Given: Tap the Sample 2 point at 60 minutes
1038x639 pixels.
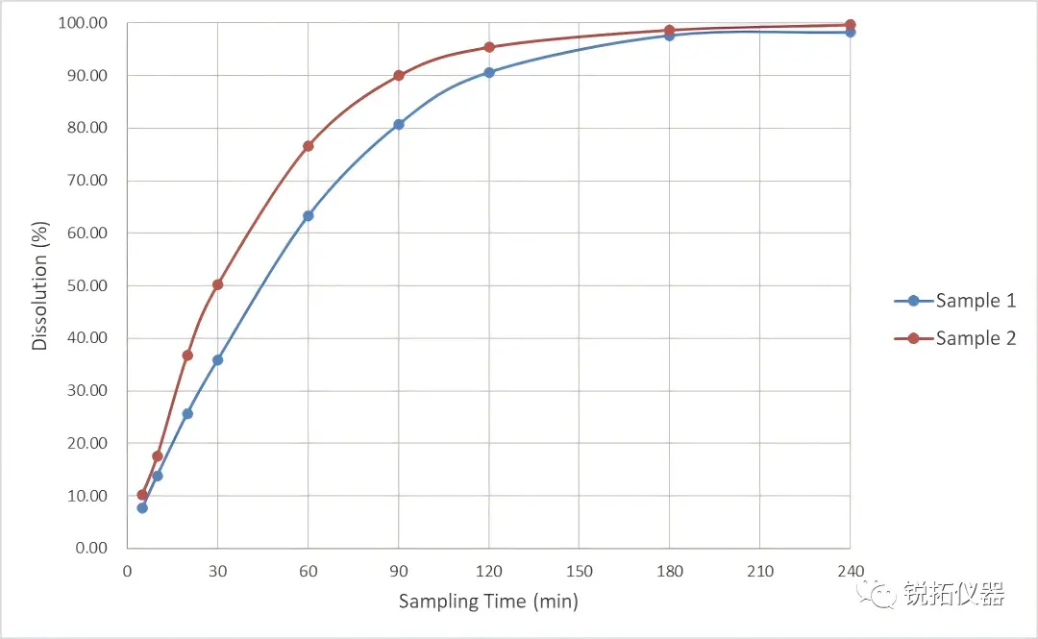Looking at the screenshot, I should [309, 146].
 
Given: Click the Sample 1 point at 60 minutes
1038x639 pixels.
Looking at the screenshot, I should [309, 216].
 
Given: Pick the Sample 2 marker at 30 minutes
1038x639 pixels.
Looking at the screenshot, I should [218, 284].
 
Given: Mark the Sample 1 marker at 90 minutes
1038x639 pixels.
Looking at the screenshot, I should [399, 124].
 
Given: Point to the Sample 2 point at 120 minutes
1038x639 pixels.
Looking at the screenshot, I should [489, 47].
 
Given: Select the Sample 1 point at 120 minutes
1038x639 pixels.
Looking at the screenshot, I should [489, 72].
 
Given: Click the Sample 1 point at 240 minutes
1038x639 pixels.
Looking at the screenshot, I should [851, 32].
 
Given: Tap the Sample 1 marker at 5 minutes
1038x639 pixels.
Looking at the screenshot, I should [142, 507].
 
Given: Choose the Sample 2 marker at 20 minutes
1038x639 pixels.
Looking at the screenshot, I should [187, 356].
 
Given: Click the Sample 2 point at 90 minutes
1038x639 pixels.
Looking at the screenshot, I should [399, 75].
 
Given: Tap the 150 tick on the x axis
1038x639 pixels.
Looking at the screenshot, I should [580, 572].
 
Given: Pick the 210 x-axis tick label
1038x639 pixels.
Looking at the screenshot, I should [760, 572].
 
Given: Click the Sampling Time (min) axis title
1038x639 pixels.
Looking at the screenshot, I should [488, 602].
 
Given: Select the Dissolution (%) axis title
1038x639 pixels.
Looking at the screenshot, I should [39, 285].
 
